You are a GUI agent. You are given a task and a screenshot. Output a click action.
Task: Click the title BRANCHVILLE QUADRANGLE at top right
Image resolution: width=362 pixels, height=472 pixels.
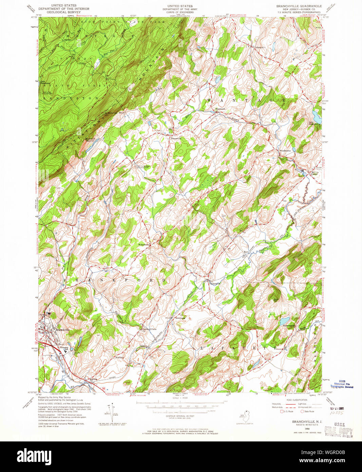294,6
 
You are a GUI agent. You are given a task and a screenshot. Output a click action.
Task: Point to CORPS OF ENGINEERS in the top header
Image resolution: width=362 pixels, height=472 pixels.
180,12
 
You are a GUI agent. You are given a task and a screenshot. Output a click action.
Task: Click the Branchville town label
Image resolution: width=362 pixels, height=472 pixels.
62,329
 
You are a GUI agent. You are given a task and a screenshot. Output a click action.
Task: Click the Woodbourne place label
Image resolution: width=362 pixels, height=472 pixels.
285,150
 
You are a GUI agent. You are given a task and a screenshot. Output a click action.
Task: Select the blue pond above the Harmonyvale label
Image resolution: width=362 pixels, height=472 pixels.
285,320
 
